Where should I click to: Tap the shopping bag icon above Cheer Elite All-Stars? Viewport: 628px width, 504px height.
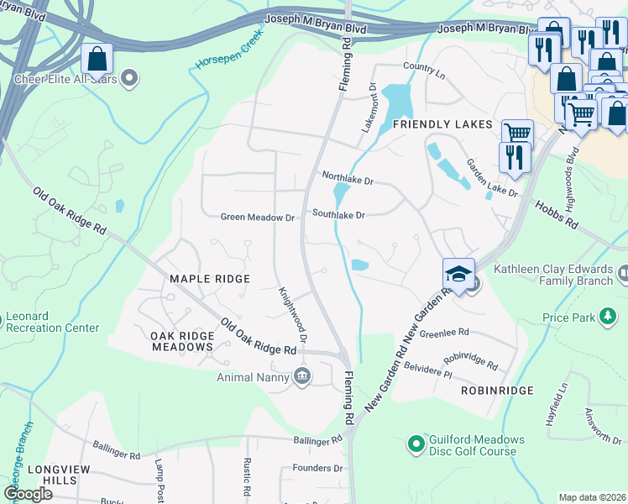click(97, 59)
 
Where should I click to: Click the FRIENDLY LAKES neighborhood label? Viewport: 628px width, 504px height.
click(442, 124)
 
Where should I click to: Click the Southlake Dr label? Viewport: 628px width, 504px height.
click(338, 215)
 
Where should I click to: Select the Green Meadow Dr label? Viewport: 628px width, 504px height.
click(258, 217)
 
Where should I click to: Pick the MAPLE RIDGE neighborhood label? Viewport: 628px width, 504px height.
click(210, 279)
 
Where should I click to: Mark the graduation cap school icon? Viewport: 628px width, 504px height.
click(458, 274)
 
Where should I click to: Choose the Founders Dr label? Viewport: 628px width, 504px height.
click(318, 468)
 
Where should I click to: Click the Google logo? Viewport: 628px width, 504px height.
click(28, 494)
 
